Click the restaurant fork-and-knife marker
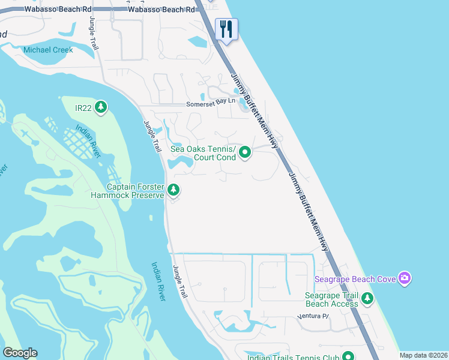pos(226,29)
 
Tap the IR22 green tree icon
pos(101,107)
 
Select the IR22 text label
pos(82,107)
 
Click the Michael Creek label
pos(48,50)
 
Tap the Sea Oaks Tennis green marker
pos(245,153)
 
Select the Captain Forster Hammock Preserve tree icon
pos(173,190)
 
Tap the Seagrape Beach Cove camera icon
pos(405,278)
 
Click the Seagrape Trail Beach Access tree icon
pos(367,299)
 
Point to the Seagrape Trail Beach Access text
pos(331,299)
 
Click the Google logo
pos(20,353)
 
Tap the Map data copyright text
pos(423,355)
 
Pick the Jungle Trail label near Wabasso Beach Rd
pos(93,34)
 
